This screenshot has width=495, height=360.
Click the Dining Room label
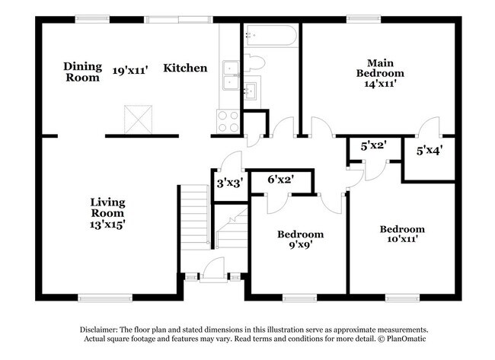pyautogui.click(x=81, y=72)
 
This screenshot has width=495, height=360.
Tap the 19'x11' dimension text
pyautogui.click(x=130, y=69)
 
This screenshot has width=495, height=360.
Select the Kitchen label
pyautogui.click(x=185, y=68)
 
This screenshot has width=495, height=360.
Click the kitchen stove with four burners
pyautogui.click(x=228, y=119)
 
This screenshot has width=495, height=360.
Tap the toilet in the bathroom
pyautogui.click(x=256, y=62)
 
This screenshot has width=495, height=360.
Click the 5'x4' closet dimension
pyautogui.click(x=430, y=151)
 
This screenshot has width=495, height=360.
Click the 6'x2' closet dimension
pyautogui.click(x=281, y=180)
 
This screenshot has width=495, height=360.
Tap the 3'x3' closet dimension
pyautogui.click(x=229, y=183)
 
